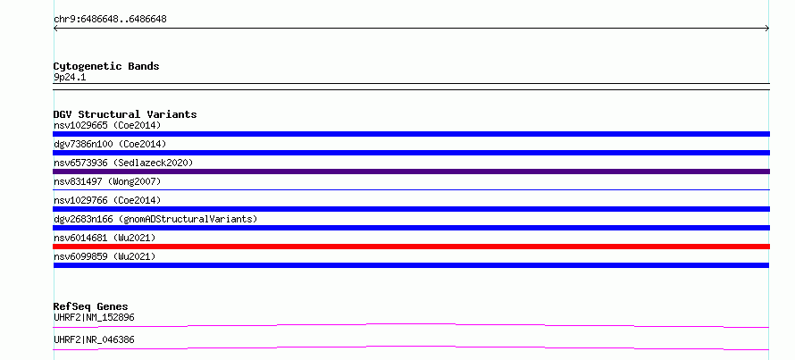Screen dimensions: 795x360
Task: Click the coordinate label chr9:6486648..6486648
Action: pyautogui.click(x=110, y=20)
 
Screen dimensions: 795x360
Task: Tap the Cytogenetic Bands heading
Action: pyautogui.click(x=106, y=66)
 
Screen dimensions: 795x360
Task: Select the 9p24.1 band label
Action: pyautogui.click(x=70, y=78)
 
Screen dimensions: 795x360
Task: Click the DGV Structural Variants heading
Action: pyautogui.click(x=125, y=114)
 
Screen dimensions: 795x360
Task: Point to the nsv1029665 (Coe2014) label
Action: pyautogui.click(x=107, y=125)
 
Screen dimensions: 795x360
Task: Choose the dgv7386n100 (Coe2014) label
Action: pyautogui.click(x=110, y=144)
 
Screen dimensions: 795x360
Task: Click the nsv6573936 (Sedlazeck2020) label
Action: pyautogui.click(x=123, y=163)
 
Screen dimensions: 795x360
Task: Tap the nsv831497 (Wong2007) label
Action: pyautogui.click(x=107, y=181)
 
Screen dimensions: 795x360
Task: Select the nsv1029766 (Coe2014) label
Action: pyautogui.click(x=107, y=200)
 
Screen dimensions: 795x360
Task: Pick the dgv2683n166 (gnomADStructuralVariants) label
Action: pyautogui.click(x=155, y=219)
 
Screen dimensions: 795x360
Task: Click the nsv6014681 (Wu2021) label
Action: pyautogui.click(x=105, y=238)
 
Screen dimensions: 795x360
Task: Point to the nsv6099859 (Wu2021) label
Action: pyautogui.click(x=105, y=256)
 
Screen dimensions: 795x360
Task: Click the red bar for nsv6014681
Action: pyautogui.click(x=411, y=247)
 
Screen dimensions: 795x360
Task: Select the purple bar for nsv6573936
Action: pyautogui.click(x=411, y=172)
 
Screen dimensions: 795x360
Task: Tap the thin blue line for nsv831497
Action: pyautogui.click(x=411, y=189)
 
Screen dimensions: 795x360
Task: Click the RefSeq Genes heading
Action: pyautogui.click(x=91, y=306)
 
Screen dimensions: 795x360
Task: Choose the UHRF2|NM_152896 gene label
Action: pyautogui.click(x=94, y=317)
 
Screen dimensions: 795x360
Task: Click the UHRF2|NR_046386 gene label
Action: pyautogui.click(x=94, y=339)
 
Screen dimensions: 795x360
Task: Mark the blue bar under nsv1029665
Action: pyautogui.click(x=411, y=134)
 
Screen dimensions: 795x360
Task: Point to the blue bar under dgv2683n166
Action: pyautogui.click(x=411, y=228)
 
